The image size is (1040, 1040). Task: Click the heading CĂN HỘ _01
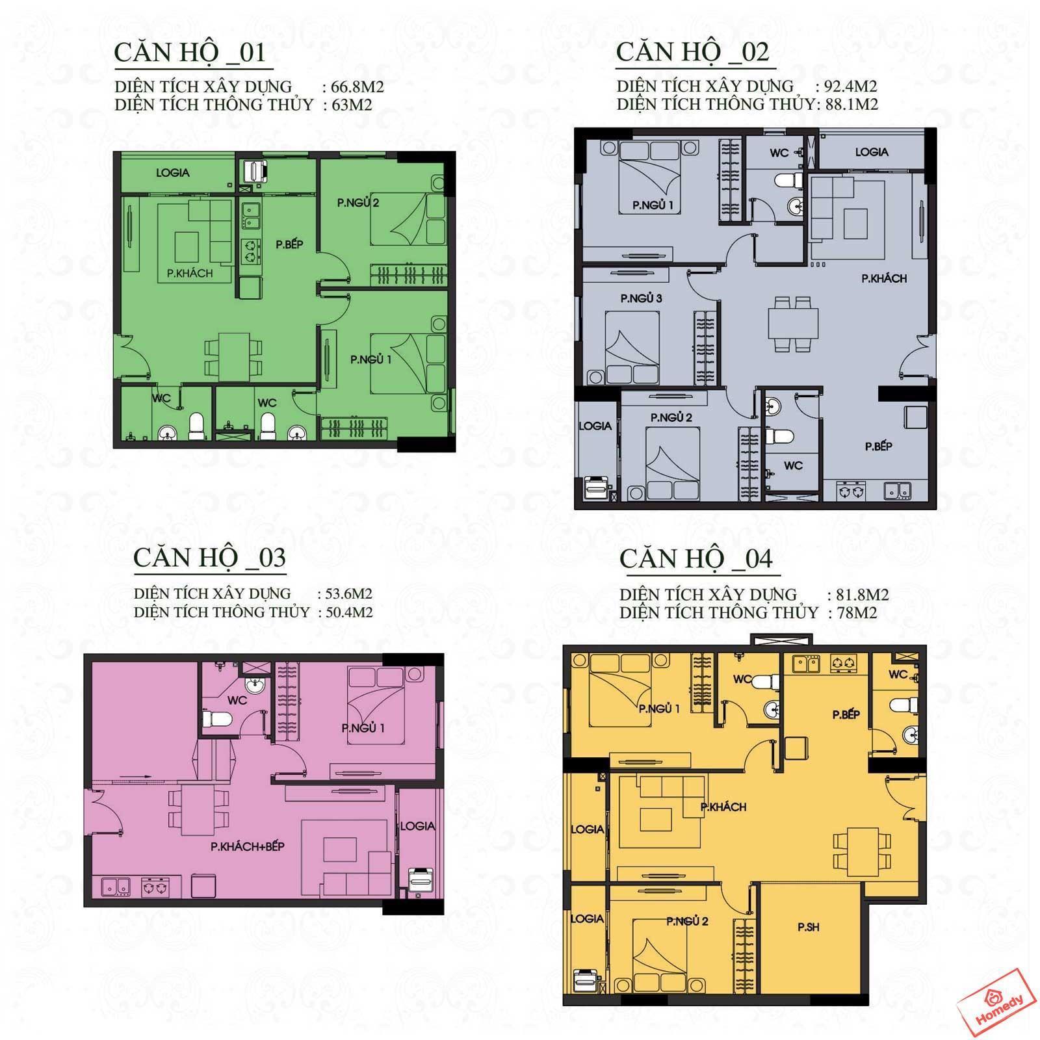(190, 53)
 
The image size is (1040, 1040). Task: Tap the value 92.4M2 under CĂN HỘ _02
(846, 86)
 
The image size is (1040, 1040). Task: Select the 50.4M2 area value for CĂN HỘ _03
(345, 612)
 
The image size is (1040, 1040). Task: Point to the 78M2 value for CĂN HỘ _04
(852, 613)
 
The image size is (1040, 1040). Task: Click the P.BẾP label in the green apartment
(289, 244)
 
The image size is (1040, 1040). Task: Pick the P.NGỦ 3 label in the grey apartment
(641, 298)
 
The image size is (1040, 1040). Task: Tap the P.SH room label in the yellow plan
(809, 928)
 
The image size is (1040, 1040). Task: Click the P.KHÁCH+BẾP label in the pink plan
(248, 847)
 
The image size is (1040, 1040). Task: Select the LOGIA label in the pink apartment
(417, 826)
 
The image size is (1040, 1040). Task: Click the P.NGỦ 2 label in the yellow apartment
(688, 921)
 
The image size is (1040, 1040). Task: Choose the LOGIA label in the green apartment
(173, 173)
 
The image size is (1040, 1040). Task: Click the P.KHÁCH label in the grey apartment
(884, 278)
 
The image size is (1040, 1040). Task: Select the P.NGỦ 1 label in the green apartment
(371, 359)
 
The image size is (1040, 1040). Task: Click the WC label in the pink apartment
(237, 700)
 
